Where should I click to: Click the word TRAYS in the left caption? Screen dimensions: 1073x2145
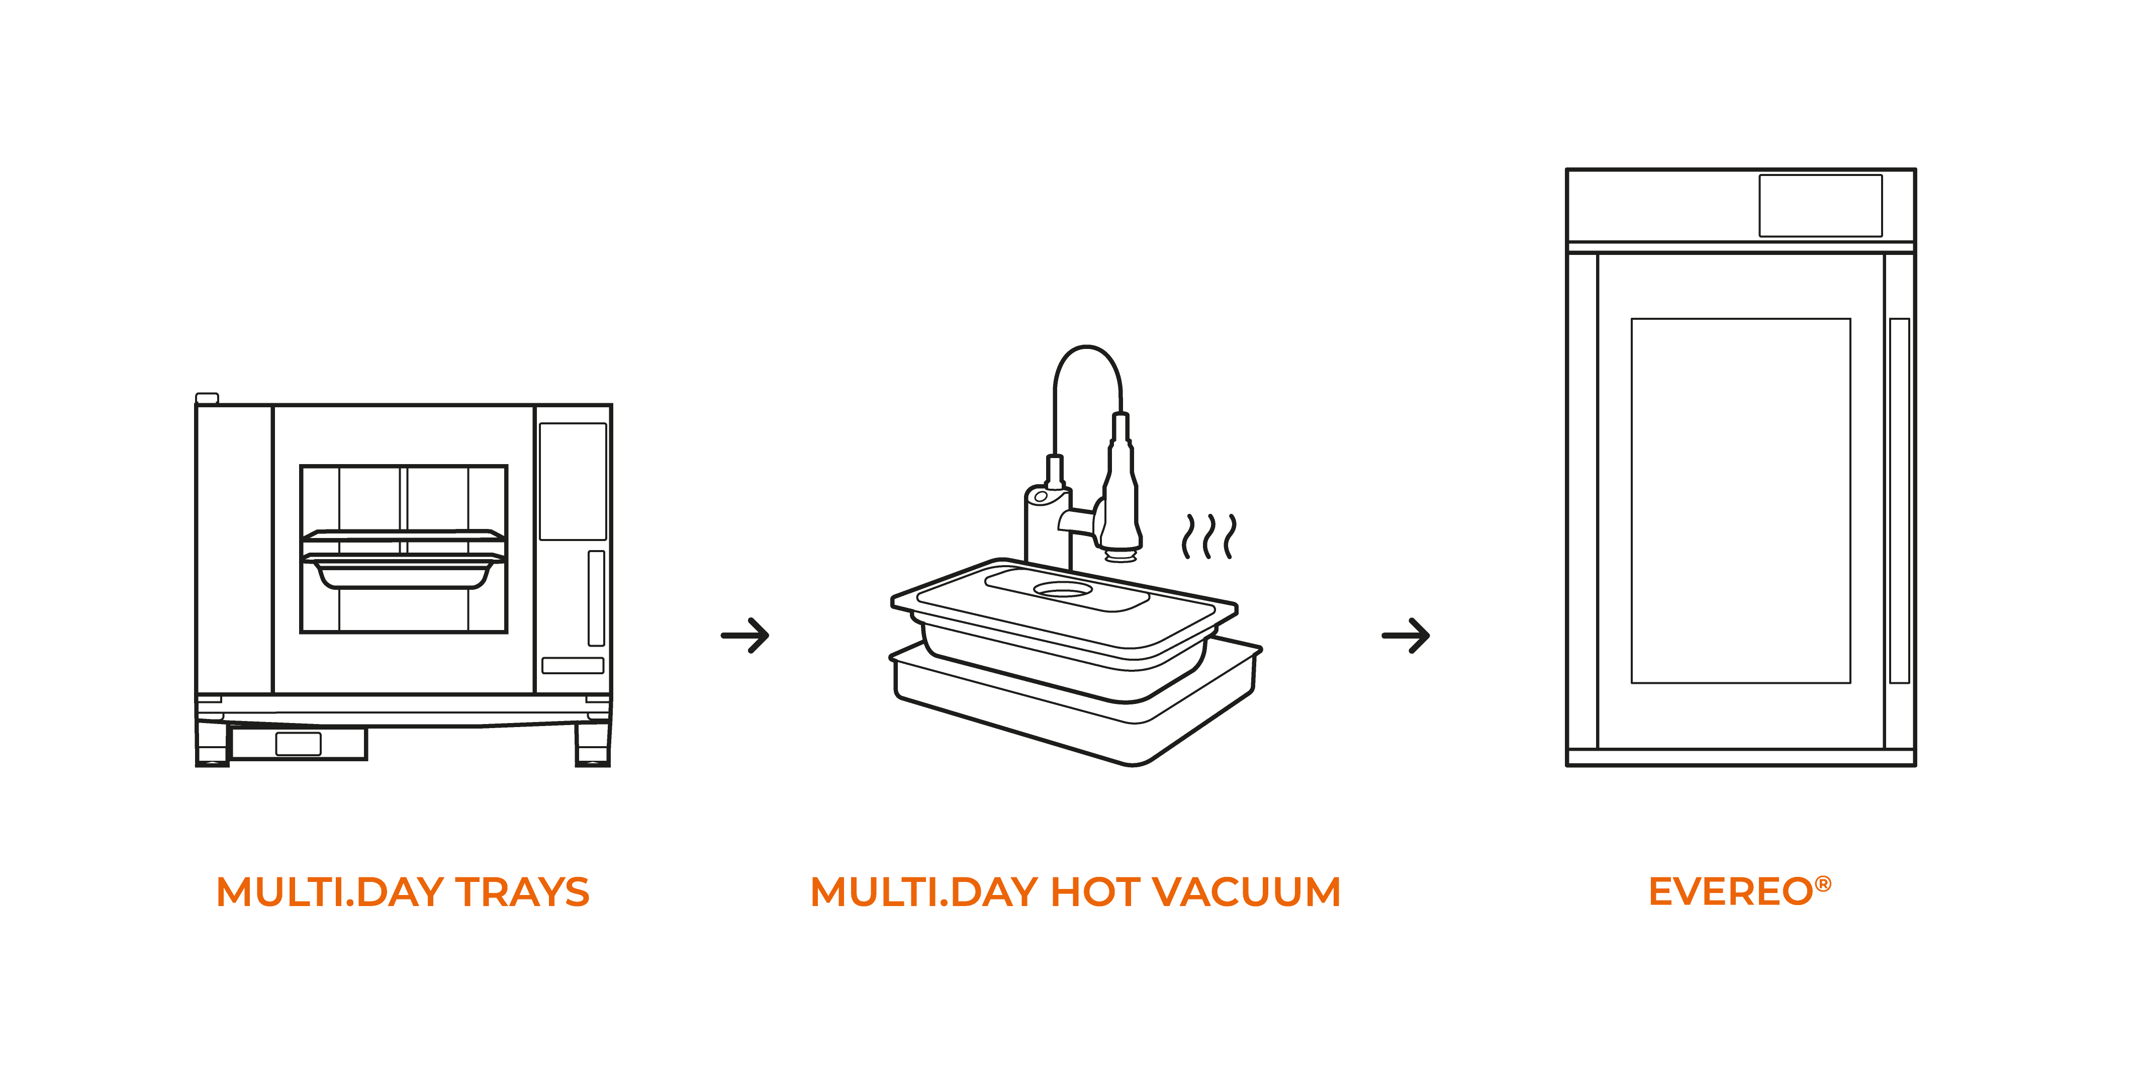(x=522, y=892)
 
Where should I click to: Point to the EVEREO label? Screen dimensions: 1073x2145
(x=1730, y=892)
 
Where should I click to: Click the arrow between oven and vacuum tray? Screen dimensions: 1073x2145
(x=745, y=636)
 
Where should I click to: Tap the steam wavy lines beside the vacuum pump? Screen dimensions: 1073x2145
(x=1209, y=536)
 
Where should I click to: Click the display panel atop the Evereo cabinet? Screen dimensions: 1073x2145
(x=1820, y=206)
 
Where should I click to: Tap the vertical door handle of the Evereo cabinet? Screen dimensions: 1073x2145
(x=1899, y=500)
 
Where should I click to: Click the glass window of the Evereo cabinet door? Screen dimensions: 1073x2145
(x=1740, y=500)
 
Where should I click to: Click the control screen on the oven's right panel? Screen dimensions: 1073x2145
(x=573, y=482)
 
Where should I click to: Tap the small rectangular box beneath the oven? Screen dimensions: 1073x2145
(x=298, y=743)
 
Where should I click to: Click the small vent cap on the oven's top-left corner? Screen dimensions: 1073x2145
(x=207, y=398)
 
